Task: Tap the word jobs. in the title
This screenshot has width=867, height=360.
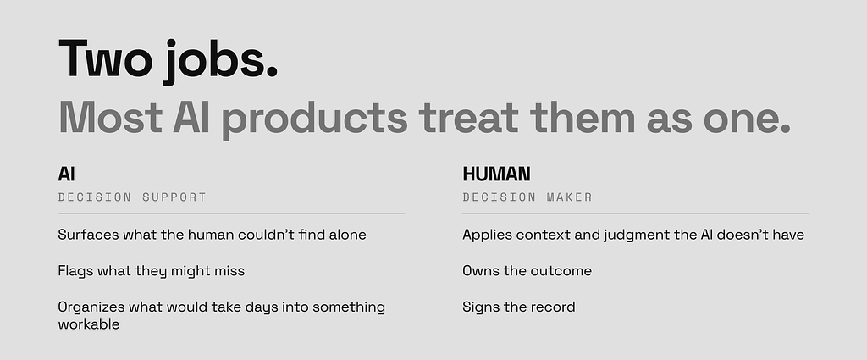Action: click(x=220, y=61)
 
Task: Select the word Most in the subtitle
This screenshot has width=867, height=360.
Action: click(x=111, y=117)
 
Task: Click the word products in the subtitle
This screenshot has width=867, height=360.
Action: click(x=314, y=119)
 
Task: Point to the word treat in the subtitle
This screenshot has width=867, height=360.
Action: click(x=469, y=117)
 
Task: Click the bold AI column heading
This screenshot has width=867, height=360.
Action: click(x=66, y=174)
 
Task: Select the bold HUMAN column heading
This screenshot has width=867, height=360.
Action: click(x=496, y=174)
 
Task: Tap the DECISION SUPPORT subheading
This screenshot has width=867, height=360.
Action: click(x=132, y=197)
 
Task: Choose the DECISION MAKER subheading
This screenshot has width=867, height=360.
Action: click(x=527, y=197)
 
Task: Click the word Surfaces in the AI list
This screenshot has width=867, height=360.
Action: click(x=88, y=235)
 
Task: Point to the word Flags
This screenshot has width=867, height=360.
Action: click(x=75, y=271)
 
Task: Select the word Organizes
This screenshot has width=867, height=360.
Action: click(x=91, y=307)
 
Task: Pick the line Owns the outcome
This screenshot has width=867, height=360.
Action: click(x=527, y=271)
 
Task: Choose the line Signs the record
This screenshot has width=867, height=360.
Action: click(x=519, y=307)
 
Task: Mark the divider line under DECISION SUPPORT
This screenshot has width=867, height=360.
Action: click(x=231, y=213)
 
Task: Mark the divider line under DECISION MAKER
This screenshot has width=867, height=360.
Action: click(x=636, y=213)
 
